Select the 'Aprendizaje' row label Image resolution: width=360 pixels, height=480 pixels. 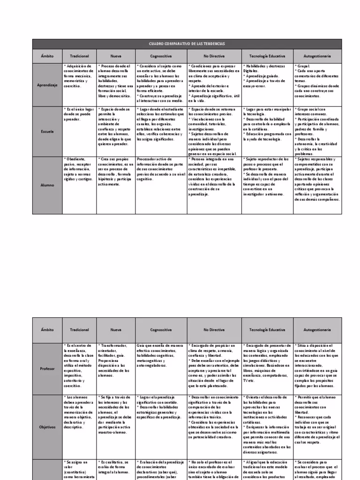click(x=47, y=84)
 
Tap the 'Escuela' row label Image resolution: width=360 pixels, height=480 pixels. click(x=47, y=132)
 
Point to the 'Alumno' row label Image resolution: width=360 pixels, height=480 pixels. click(x=47, y=185)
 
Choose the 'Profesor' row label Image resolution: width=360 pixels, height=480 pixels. click(x=47, y=368)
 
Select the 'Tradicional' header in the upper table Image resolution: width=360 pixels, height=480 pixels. click(x=79, y=56)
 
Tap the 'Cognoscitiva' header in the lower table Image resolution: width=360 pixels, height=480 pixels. click(x=160, y=330)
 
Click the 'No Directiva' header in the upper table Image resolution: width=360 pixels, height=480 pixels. click(x=214, y=56)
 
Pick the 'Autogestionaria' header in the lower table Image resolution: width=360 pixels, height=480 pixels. click(x=317, y=330)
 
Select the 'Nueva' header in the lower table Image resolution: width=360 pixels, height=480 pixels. click(x=116, y=330)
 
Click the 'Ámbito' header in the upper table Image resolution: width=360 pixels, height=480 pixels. click(x=47, y=56)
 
